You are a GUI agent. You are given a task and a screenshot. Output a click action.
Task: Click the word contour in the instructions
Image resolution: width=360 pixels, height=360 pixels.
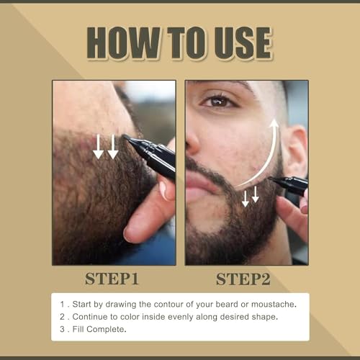coord(172,304)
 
